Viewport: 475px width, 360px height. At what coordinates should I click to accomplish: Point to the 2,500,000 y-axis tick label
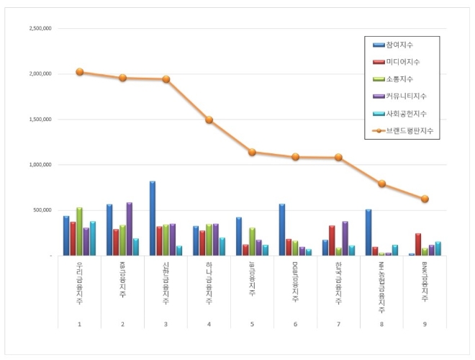40,29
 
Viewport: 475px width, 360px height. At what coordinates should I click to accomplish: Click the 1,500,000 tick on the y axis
40,120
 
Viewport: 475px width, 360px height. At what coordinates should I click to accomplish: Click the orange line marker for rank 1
79,72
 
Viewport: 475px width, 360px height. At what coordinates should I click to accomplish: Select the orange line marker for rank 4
209,120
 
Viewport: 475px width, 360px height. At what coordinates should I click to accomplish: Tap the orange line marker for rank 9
425,199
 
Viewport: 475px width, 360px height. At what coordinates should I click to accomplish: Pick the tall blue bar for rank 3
153,218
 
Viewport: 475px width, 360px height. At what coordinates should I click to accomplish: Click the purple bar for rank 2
129,229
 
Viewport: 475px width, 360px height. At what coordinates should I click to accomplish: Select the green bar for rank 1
79,231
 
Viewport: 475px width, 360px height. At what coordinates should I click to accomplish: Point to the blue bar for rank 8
368,233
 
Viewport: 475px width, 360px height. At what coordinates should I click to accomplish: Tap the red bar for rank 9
418,245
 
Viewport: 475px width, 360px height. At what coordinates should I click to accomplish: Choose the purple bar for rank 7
345,238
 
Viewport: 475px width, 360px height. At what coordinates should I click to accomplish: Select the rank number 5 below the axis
252,324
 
